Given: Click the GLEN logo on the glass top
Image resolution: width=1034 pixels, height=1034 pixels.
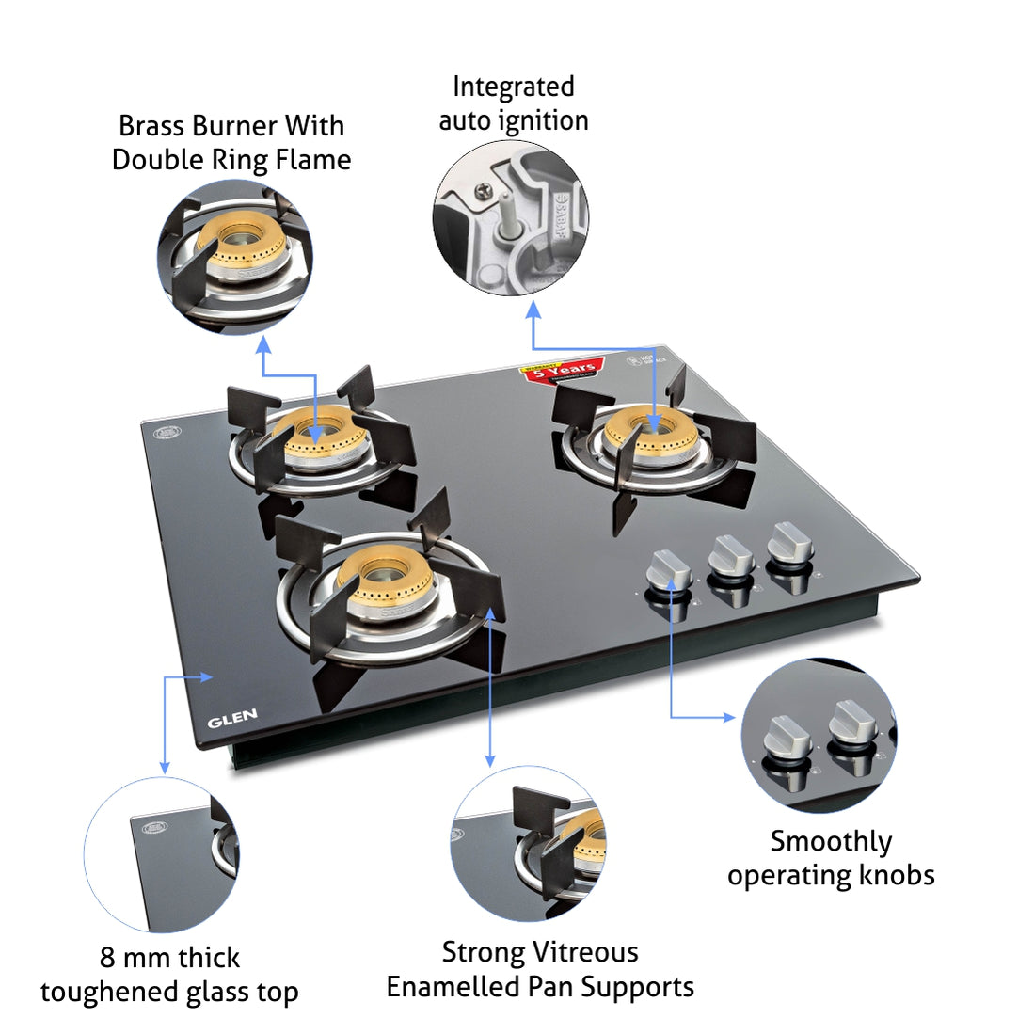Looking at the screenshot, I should pos(231,720).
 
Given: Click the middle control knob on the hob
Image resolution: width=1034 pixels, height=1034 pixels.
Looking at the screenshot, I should pos(730,557).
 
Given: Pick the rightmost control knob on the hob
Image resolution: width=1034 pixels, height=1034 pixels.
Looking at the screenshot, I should pos(788,546).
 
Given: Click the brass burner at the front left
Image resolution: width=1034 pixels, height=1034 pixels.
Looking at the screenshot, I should pos(385,575).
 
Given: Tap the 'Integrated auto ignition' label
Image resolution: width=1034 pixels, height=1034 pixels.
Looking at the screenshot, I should pos(514,103).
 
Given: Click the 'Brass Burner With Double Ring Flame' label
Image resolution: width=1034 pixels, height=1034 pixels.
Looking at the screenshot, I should pos(231,142).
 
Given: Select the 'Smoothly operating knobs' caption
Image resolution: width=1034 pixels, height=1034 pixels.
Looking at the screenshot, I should pos(831,857).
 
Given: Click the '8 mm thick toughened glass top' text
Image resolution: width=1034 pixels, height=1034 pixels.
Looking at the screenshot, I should pos(169,974).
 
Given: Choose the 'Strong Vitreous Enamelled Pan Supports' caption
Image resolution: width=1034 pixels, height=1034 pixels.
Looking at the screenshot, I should pos(540,969).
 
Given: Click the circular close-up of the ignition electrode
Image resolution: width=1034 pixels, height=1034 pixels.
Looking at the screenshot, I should pos(510,217).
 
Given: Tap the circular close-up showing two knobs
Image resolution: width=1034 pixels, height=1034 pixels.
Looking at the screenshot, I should pos(819,735).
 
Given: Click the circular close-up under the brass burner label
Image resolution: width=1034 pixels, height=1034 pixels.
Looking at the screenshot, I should pos(235,256).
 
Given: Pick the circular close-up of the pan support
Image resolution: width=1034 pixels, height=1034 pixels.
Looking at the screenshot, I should pos(528,843).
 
